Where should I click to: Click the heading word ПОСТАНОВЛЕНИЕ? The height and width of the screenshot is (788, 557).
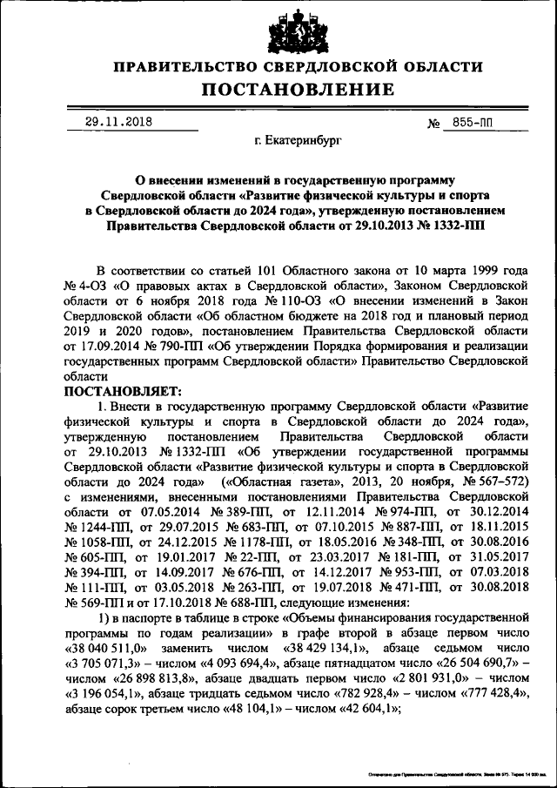point(299,90)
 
